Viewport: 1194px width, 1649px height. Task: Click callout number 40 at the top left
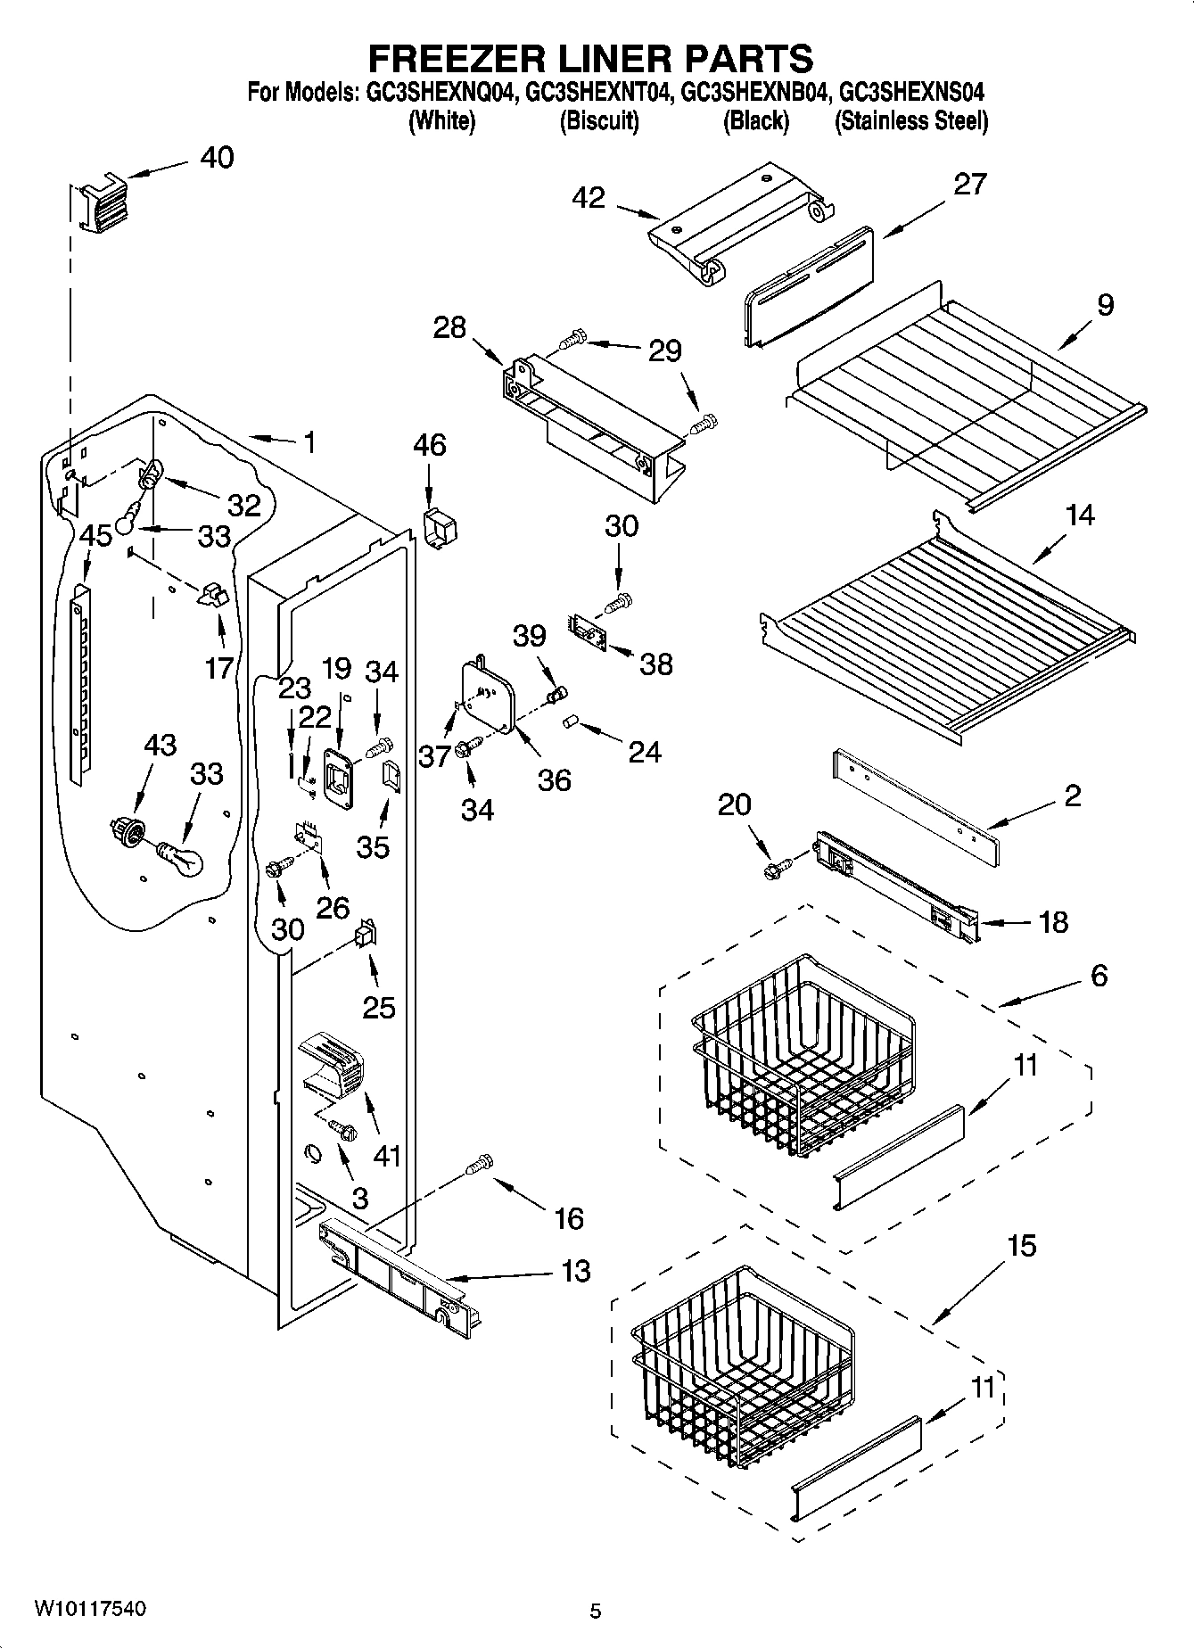point(217,158)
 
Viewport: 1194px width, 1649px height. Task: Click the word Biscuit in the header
point(599,121)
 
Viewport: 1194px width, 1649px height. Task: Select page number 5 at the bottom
point(596,1611)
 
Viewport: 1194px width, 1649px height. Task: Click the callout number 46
point(430,445)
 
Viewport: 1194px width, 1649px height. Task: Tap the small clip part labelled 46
point(440,530)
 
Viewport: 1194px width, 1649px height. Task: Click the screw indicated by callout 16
point(480,1163)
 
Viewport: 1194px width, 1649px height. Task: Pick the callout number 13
point(577,1271)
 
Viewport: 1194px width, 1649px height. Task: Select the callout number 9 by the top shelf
point(1105,305)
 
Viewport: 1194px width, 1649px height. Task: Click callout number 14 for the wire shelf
point(1080,515)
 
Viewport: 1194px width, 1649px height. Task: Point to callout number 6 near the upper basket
point(1099,976)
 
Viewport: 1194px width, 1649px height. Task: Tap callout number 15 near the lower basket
point(1021,1246)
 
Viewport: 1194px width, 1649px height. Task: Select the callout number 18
point(1053,921)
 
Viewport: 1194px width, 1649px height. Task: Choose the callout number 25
point(379,1007)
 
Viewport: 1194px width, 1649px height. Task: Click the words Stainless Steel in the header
point(911,121)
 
